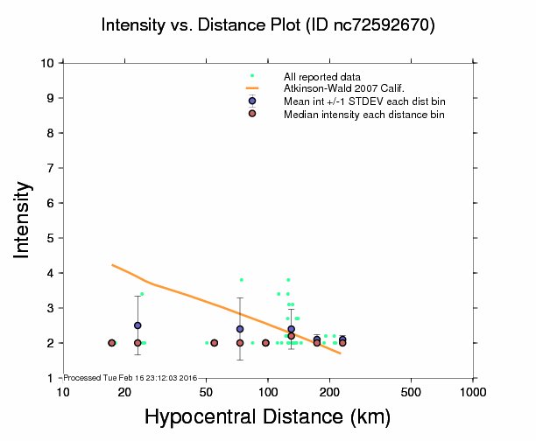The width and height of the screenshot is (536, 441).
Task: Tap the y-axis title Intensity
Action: click(24, 220)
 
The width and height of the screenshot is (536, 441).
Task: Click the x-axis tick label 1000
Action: click(473, 391)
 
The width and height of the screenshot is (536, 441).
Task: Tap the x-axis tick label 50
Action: click(206, 391)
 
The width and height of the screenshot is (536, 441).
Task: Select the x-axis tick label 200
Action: click(329, 391)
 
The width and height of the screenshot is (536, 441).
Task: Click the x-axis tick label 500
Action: click(412, 391)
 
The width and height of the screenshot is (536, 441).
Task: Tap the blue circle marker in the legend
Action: click(251, 101)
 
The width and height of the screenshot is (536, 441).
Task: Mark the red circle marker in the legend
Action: click(251, 114)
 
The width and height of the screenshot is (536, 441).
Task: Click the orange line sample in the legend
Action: click(251, 89)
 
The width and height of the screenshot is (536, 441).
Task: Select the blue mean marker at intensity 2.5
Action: click(138, 325)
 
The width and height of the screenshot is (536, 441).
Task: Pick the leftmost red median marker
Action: click(111, 343)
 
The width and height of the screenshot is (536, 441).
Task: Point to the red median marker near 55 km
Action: click(215, 343)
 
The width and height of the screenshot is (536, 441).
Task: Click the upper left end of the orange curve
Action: click(112, 264)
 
